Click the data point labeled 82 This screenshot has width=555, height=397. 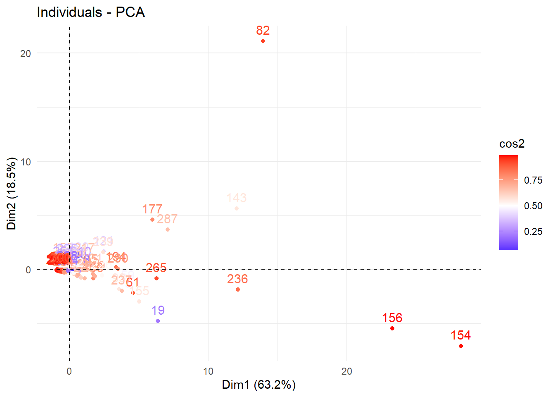(x=263, y=41)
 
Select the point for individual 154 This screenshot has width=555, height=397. (x=461, y=346)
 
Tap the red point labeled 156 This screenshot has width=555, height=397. (x=392, y=328)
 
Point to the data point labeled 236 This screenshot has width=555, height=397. (x=238, y=289)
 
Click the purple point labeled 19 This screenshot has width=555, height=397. (x=158, y=321)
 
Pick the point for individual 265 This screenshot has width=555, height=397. (x=157, y=278)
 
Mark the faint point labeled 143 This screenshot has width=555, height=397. (x=237, y=208)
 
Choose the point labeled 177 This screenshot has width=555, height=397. (x=152, y=220)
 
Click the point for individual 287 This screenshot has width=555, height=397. (x=168, y=230)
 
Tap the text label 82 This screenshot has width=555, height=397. (x=263, y=31)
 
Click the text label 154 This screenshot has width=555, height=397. (x=460, y=335)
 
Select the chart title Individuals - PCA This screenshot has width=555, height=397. (x=91, y=12)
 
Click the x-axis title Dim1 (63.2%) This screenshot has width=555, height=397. (x=259, y=385)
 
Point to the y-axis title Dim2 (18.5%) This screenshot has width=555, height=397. (x=12, y=194)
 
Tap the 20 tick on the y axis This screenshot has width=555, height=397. (x=26, y=54)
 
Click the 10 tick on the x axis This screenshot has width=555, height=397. (x=208, y=371)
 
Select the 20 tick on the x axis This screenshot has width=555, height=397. (x=347, y=371)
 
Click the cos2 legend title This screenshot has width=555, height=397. (x=512, y=144)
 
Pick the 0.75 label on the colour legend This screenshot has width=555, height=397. (x=533, y=180)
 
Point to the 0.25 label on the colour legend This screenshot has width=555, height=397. (x=533, y=232)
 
